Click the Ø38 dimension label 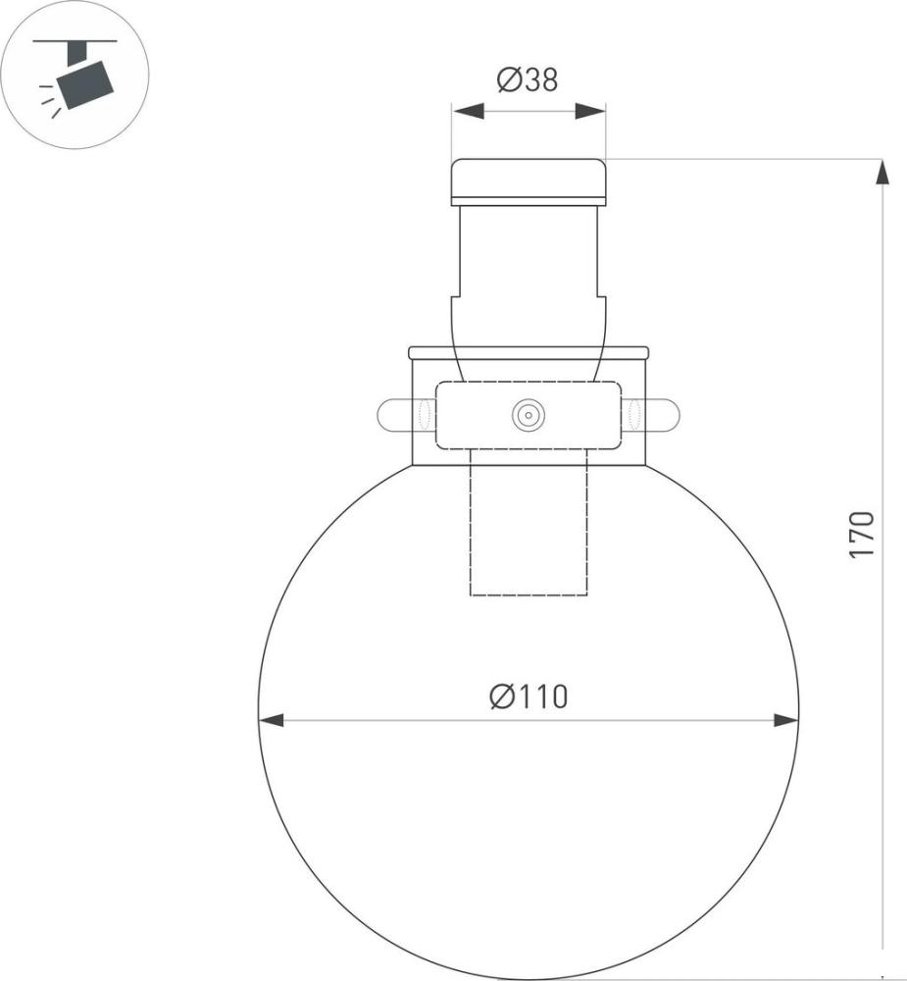[528, 80]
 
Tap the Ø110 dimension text [529, 697]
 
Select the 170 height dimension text [861, 535]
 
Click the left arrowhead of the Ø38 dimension [468, 112]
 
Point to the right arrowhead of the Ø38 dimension [590, 112]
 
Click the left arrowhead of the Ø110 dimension [272, 720]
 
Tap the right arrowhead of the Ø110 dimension [785, 720]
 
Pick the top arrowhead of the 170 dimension [882, 172]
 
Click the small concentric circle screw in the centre [529, 415]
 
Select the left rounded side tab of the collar [394, 415]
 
